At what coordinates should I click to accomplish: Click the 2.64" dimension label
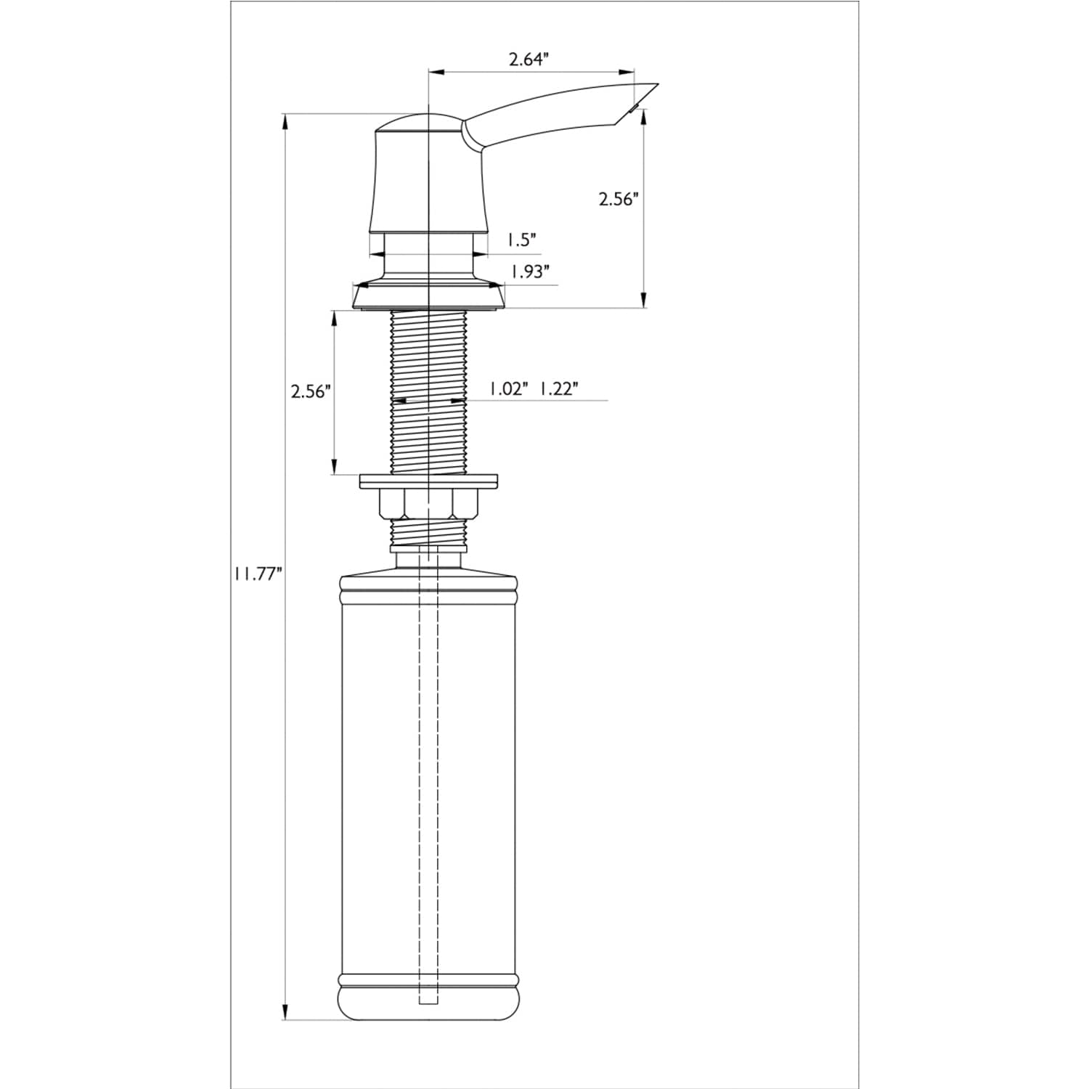528,60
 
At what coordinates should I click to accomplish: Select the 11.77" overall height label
257,574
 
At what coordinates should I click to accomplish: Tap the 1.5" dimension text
521,239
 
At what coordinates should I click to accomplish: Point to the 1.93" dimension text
529,272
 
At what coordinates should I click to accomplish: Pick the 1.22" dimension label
558,388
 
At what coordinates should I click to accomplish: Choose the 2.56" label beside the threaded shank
311,392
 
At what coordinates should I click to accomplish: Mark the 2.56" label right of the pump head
618,199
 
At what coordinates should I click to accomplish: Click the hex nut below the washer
429,504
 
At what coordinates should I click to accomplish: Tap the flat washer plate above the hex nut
429,481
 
